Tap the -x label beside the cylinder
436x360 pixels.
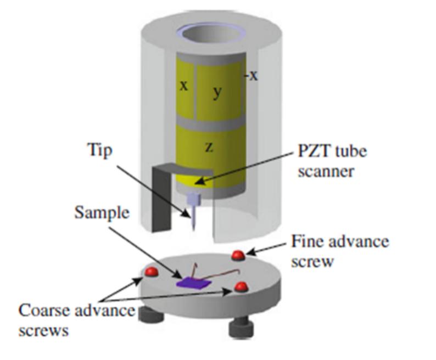252,75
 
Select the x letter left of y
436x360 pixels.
184,86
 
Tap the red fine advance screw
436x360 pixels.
238,255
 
